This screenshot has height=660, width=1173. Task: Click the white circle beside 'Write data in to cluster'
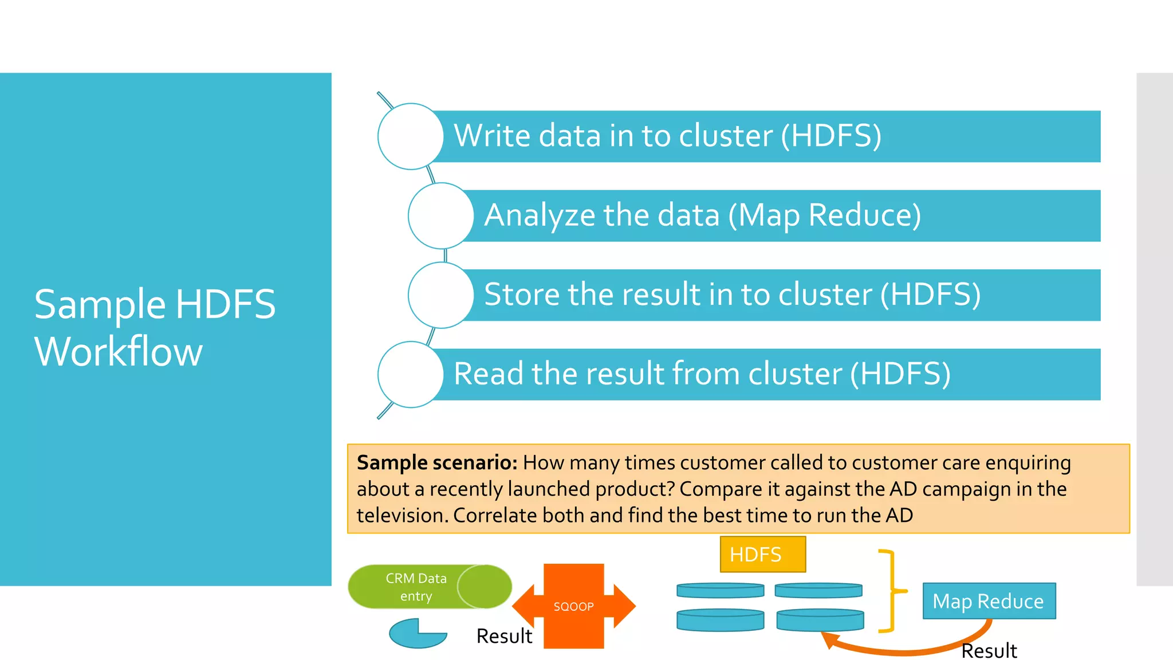click(410, 136)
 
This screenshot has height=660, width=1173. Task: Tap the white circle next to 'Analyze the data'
click(440, 215)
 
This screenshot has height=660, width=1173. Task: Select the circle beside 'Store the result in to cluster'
click(440, 295)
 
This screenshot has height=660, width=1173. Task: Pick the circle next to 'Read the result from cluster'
click(410, 374)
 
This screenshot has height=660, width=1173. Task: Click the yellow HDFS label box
click(762, 554)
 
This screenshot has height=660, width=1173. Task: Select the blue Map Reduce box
click(989, 601)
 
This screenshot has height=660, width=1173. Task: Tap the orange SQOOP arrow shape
click(573, 606)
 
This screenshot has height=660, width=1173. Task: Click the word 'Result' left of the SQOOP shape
click(504, 636)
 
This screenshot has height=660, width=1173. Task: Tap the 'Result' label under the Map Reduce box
click(989, 651)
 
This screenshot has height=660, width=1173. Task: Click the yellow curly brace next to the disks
click(891, 590)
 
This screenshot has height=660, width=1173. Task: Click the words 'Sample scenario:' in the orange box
click(436, 462)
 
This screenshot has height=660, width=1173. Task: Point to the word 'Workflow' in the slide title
click(119, 351)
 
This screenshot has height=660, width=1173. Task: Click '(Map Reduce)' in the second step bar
click(824, 215)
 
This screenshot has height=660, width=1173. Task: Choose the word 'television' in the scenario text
click(401, 515)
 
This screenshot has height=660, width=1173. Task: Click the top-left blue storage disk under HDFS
click(720, 590)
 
